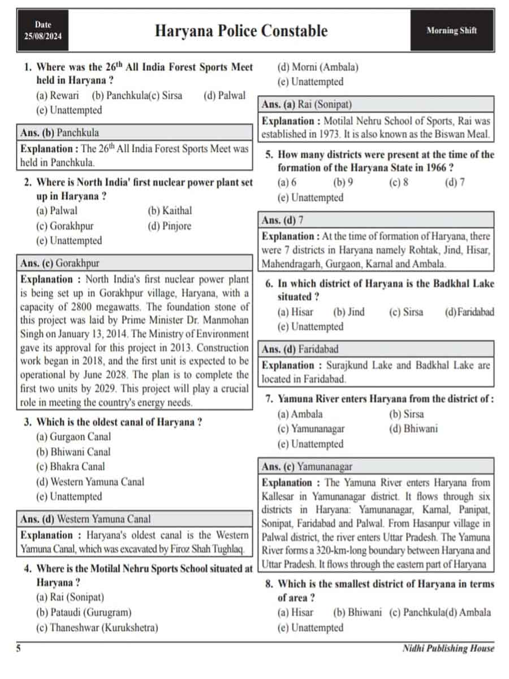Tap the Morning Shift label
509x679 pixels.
click(451, 31)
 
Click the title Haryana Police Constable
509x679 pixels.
click(241, 31)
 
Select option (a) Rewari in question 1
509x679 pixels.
click(57, 96)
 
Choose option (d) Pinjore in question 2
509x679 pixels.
click(169, 226)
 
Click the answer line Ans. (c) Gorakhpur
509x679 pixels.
click(59, 263)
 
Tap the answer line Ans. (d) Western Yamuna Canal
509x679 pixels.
click(85, 519)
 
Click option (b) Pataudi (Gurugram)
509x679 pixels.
click(83, 612)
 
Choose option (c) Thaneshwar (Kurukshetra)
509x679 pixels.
click(97, 628)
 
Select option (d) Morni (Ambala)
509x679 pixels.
click(317, 67)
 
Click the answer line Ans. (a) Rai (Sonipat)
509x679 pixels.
click(307, 105)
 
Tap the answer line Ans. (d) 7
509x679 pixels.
click(287, 220)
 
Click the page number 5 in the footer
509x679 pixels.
click(18, 649)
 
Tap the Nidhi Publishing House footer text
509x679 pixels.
click(448, 649)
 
